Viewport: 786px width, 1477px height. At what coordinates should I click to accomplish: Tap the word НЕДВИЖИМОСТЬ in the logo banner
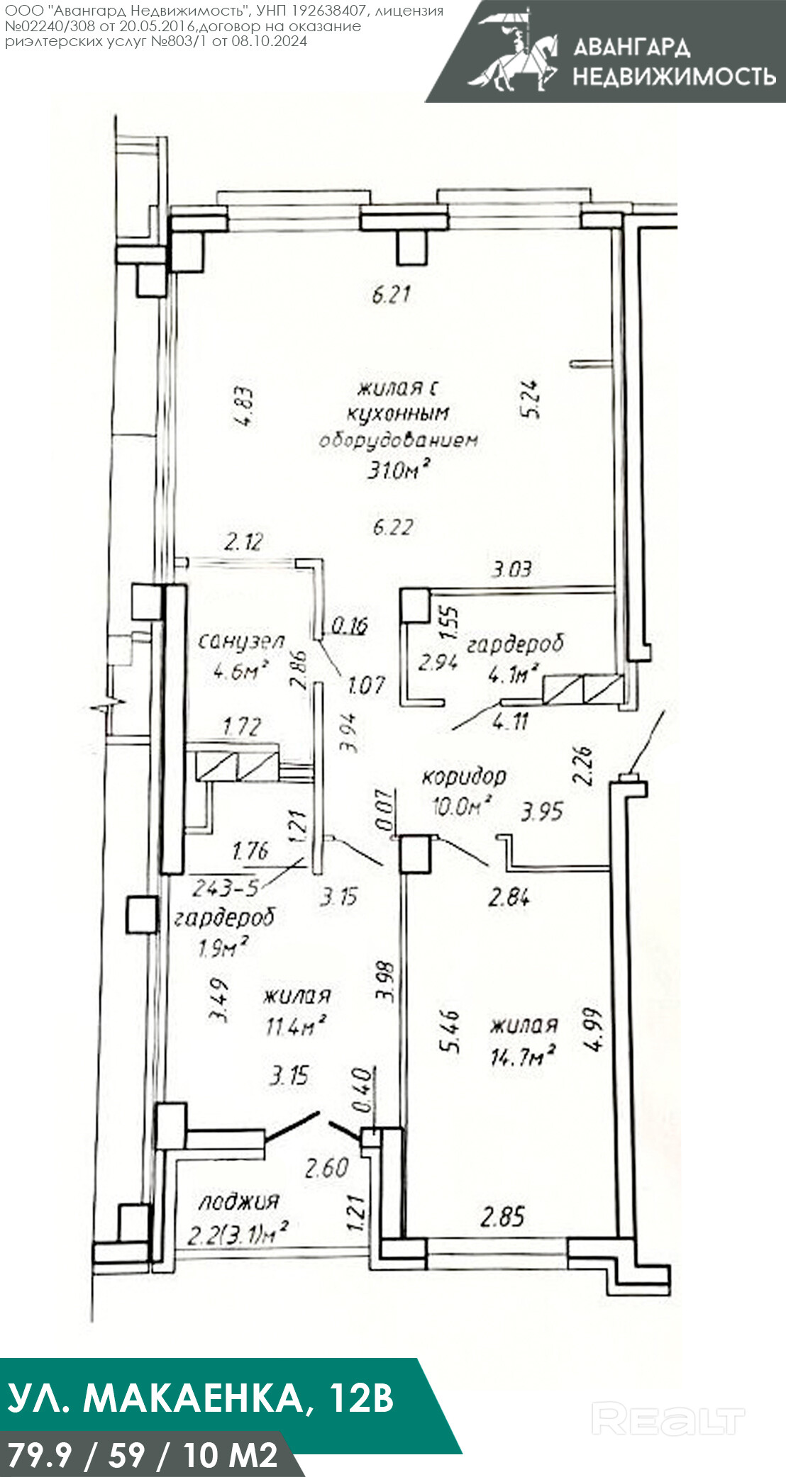pyautogui.click(x=674, y=76)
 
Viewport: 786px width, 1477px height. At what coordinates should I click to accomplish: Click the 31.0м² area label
pyautogui.click(x=398, y=469)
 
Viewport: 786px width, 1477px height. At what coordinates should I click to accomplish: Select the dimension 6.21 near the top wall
pyautogui.click(x=392, y=293)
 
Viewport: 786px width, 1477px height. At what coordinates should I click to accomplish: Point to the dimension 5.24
pyautogui.click(x=530, y=400)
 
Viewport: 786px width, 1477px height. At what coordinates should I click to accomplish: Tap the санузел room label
pyautogui.click(x=240, y=641)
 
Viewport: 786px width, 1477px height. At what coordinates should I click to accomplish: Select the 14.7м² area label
pyautogui.click(x=523, y=1056)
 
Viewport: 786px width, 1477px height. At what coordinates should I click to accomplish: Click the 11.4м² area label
pyautogui.click(x=296, y=1025)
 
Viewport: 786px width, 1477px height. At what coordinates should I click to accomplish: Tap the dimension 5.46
pyautogui.click(x=450, y=1031)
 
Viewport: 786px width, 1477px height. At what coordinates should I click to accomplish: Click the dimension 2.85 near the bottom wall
pyautogui.click(x=503, y=1217)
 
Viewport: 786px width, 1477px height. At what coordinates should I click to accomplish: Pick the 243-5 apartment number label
pyautogui.click(x=226, y=887)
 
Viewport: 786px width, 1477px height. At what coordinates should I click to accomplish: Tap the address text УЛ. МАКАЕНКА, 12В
pyautogui.click(x=201, y=1398)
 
